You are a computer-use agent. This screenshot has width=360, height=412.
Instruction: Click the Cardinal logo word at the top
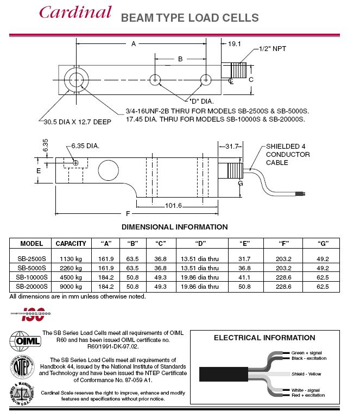75,12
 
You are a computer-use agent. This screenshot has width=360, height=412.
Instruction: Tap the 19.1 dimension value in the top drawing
234,43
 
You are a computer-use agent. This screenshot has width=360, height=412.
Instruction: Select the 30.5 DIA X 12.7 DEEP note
74,122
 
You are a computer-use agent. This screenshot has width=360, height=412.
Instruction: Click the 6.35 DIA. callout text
85,146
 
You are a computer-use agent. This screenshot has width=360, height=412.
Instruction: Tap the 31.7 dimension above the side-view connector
231,146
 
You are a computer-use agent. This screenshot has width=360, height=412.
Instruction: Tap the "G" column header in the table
323,244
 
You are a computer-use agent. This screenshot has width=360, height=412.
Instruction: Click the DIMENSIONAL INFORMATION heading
174,227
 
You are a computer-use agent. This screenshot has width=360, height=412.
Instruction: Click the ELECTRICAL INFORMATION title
264,338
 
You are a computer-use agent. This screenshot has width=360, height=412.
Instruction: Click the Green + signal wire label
307,353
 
